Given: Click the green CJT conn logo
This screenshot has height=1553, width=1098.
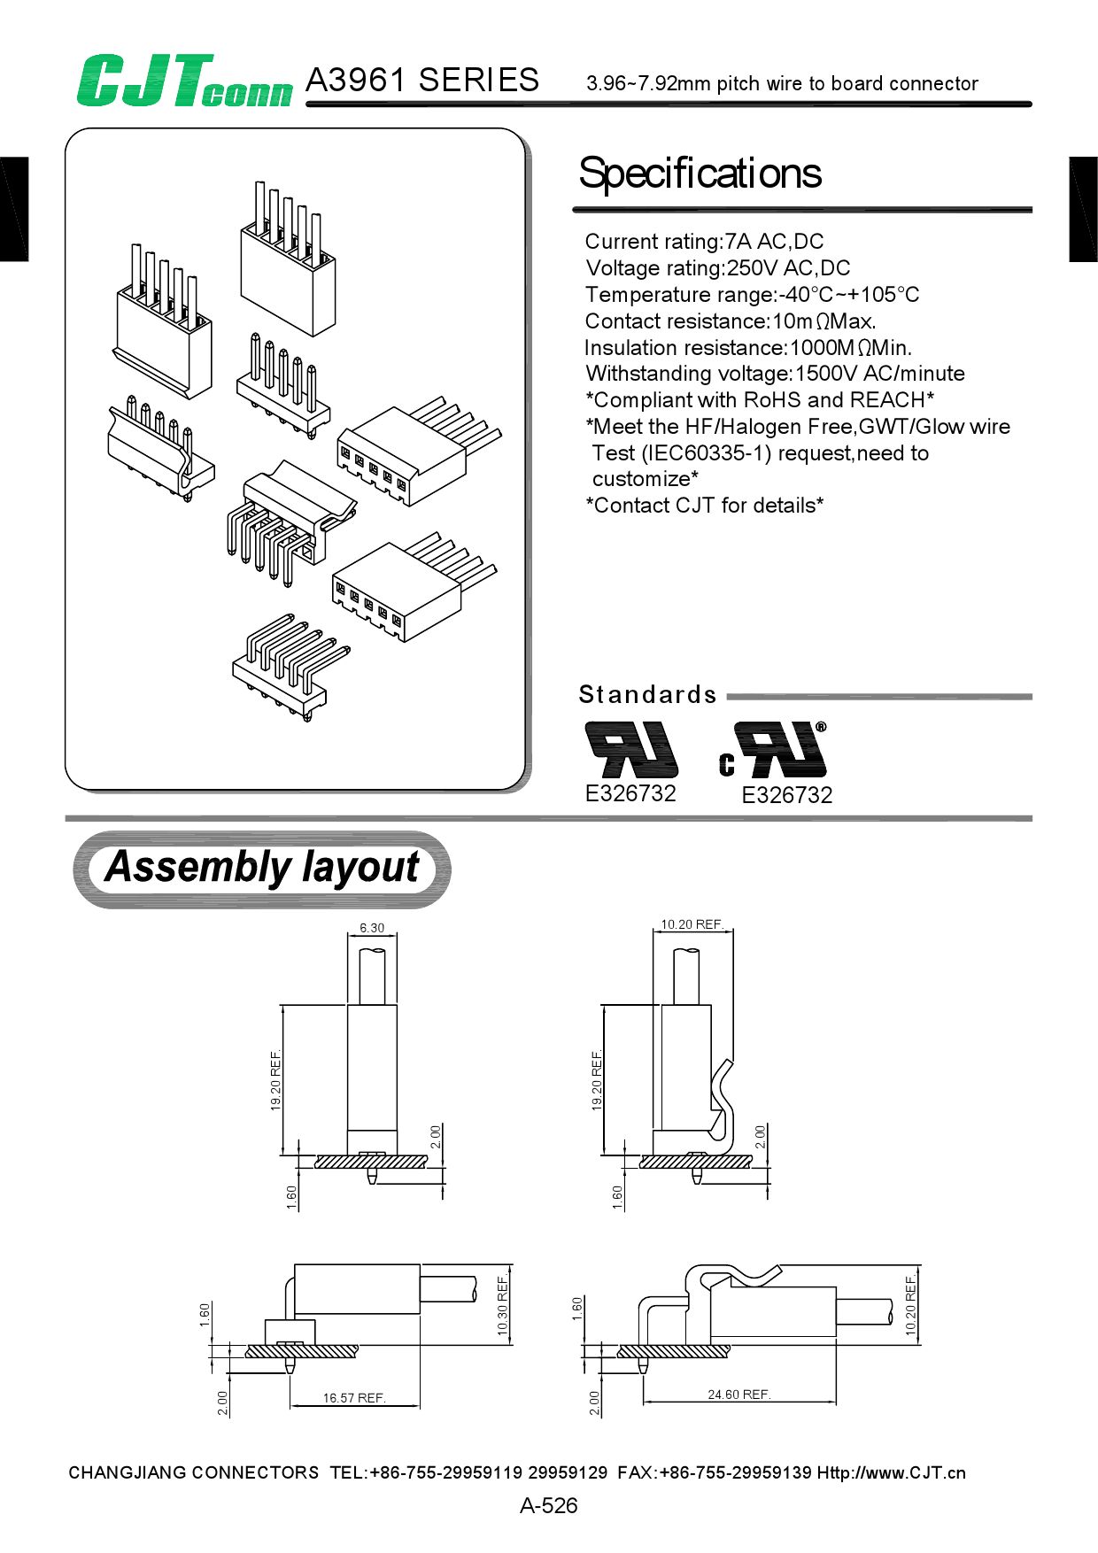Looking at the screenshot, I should (x=183, y=81).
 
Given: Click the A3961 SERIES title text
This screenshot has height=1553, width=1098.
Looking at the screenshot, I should (x=421, y=81).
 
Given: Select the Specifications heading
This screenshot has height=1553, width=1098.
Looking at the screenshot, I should (x=700, y=174).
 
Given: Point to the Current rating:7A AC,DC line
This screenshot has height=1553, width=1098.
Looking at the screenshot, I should (x=704, y=242).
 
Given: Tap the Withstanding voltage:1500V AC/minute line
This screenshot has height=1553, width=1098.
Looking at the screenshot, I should (x=775, y=374).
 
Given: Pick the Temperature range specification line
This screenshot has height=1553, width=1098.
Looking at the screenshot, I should (x=752, y=295).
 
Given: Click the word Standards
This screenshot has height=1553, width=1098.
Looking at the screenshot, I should (x=647, y=695).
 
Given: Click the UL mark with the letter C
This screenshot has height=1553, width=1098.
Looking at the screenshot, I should (x=774, y=751).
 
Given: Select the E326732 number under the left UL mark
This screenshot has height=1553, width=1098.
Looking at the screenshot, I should (x=630, y=793).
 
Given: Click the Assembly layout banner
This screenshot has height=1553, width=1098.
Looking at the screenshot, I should (x=262, y=868).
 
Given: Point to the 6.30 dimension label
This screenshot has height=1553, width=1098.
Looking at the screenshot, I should (x=372, y=928).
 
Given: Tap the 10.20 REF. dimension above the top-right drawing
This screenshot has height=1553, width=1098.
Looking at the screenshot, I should (x=692, y=924).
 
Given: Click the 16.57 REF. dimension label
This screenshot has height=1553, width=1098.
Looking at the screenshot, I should (x=353, y=1398).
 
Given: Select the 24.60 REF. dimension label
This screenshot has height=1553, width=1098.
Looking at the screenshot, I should (x=738, y=1395).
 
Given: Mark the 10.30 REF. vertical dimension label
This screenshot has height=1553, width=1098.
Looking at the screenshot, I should (x=502, y=1306).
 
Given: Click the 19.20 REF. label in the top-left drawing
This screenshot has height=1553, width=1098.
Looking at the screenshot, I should (x=275, y=1080).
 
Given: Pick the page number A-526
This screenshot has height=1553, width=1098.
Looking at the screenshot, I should (x=548, y=1505).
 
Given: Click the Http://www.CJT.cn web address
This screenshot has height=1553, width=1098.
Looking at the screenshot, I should (x=891, y=1473).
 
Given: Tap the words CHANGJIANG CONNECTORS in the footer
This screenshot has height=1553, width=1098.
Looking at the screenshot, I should (x=193, y=1473).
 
